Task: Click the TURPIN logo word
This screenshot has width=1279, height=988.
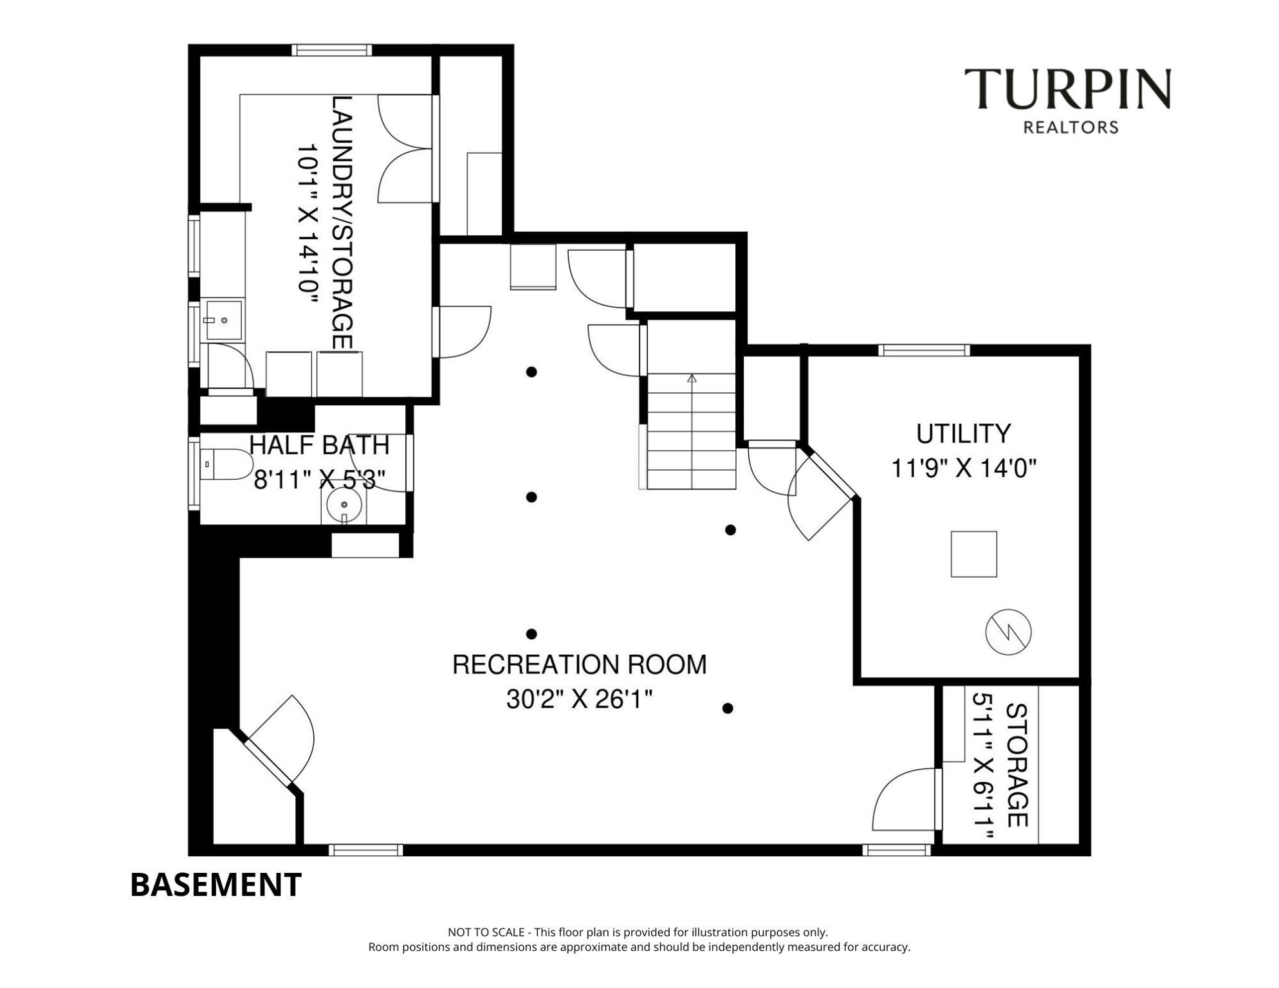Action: pyautogui.click(x=1067, y=89)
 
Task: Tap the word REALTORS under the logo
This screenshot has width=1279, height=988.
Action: pyautogui.click(x=1071, y=127)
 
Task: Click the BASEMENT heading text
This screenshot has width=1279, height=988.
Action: pyautogui.click(x=216, y=884)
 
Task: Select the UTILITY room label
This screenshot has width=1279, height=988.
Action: pyautogui.click(x=963, y=434)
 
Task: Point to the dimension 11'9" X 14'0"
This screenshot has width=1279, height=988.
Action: pyautogui.click(x=963, y=468)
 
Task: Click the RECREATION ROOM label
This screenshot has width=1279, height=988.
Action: pyautogui.click(x=579, y=664)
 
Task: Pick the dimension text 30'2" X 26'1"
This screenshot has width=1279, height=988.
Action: pyautogui.click(x=579, y=699)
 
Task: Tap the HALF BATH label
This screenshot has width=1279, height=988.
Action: pyautogui.click(x=319, y=445)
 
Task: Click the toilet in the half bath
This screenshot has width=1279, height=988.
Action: pyautogui.click(x=226, y=464)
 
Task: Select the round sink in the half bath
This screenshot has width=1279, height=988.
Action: pyautogui.click(x=344, y=505)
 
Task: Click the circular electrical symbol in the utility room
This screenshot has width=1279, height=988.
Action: pyautogui.click(x=1008, y=632)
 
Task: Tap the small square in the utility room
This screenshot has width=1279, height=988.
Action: pyautogui.click(x=973, y=554)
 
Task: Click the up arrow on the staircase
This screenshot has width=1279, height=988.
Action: pyautogui.click(x=692, y=379)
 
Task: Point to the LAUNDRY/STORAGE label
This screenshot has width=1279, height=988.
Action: pyautogui.click(x=342, y=223)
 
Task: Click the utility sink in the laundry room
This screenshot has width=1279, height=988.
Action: pyautogui.click(x=223, y=320)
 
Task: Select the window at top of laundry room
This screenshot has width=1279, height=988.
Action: pyautogui.click(x=331, y=50)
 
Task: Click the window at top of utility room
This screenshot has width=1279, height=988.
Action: pyautogui.click(x=923, y=350)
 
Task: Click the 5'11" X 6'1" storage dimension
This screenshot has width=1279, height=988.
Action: pyautogui.click(x=983, y=765)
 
